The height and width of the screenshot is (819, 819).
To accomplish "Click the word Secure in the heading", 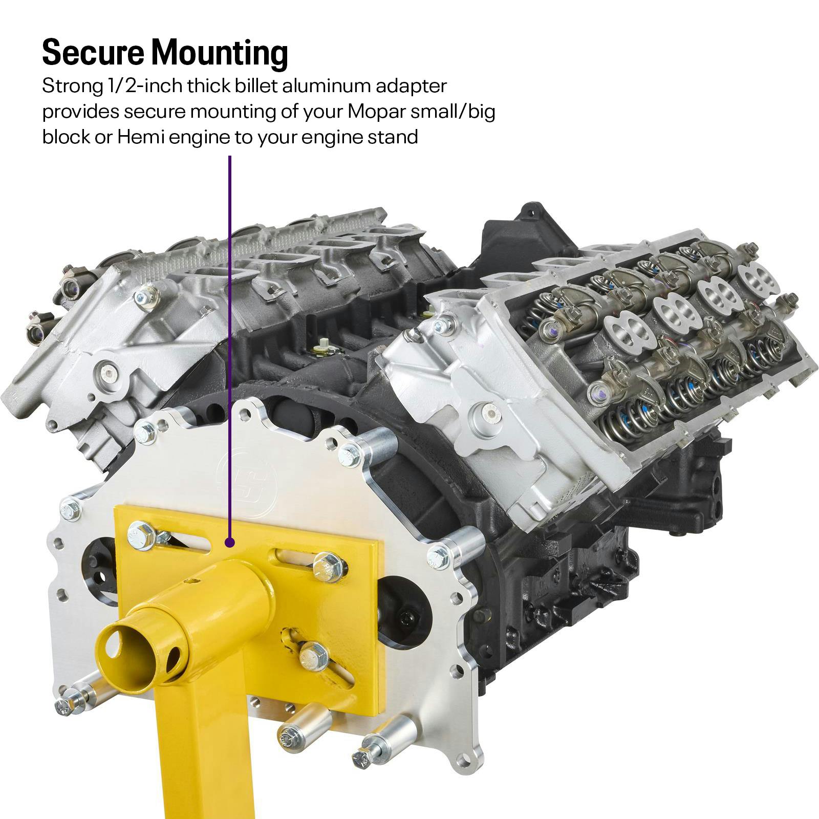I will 93,52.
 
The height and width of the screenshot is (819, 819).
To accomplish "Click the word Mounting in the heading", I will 219,53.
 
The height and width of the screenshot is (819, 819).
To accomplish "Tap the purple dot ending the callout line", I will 230,542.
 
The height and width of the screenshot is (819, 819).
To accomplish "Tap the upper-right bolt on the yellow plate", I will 323,564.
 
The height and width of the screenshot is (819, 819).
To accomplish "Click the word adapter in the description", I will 414,86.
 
